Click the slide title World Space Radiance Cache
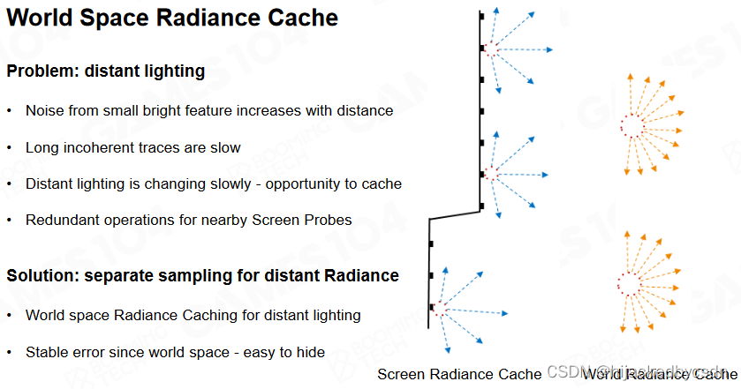coord(172,17)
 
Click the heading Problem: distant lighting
coord(105,71)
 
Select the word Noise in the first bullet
coord(45,111)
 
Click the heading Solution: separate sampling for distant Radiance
coord(203,276)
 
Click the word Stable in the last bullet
coord(47,352)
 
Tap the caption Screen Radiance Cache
coord(459,374)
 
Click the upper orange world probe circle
coord(631,124)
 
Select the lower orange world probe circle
coord(629,283)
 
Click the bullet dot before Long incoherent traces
coord(10,148)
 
